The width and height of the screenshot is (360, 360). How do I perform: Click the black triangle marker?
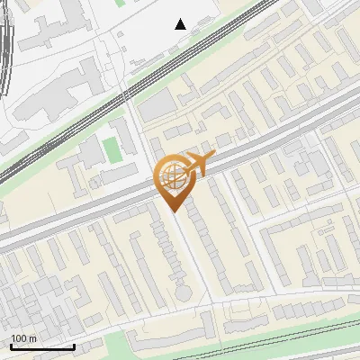(181, 24)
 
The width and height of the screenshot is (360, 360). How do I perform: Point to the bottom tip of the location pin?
(174, 211)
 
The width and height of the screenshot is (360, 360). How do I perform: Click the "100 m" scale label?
(23, 337)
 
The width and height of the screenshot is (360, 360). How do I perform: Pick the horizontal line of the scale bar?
(42, 346)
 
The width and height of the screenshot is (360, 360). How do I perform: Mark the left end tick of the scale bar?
(11, 345)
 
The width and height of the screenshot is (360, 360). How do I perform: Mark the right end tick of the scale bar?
(74, 345)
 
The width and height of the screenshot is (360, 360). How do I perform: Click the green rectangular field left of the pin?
(112, 148)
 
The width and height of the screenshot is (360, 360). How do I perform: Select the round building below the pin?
(184, 293)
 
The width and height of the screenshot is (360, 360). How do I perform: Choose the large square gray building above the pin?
(157, 106)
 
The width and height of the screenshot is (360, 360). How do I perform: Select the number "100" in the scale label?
(19, 337)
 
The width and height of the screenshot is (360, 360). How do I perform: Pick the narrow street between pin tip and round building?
(179, 252)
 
